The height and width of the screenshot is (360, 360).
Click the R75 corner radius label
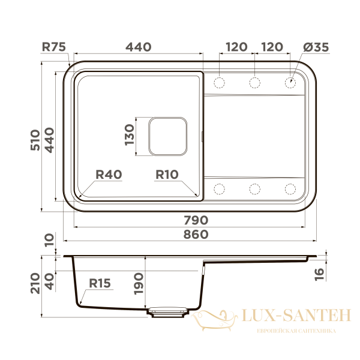click(54, 47)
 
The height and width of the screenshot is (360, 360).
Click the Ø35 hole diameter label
click(316, 47)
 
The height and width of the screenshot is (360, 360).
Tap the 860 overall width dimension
click(196, 235)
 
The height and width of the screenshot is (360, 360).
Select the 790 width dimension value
click(196, 220)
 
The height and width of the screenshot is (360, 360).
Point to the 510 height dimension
click(35, 140)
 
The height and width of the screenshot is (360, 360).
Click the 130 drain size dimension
click(129, 134)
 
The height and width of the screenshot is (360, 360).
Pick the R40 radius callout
click(109, 175)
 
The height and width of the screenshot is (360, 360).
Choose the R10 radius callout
click(167, 175)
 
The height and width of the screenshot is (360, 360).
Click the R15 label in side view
click(100, 283)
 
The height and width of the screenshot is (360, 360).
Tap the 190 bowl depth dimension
click(139, 284)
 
